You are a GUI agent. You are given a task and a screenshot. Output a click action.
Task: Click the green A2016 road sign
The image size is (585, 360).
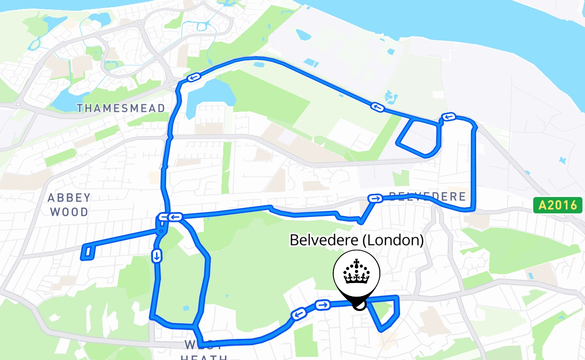point(558,205)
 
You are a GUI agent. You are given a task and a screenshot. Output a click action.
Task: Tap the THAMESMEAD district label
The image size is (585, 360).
point(121,108)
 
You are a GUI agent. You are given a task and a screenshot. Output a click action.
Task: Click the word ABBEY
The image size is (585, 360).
point(69,198)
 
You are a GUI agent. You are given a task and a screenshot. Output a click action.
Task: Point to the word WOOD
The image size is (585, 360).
point(69,211)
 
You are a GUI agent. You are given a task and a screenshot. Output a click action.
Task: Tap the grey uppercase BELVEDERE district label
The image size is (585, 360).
point(427,197)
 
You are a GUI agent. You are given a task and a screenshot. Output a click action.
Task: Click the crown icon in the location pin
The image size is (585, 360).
point(356,272)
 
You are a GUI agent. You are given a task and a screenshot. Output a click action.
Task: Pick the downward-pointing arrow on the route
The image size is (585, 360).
point(157,256)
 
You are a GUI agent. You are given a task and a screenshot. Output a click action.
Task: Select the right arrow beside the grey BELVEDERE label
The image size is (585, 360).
point(375,198)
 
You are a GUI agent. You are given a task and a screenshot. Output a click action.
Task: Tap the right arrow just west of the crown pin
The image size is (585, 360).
point(322,305)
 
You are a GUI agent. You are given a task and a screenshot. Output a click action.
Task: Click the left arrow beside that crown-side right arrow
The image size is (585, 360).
point(298,314)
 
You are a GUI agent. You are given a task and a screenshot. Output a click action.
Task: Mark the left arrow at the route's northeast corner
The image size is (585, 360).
point(449,117)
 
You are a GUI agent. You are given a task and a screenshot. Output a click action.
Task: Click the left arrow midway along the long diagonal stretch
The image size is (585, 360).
point(377,107)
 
